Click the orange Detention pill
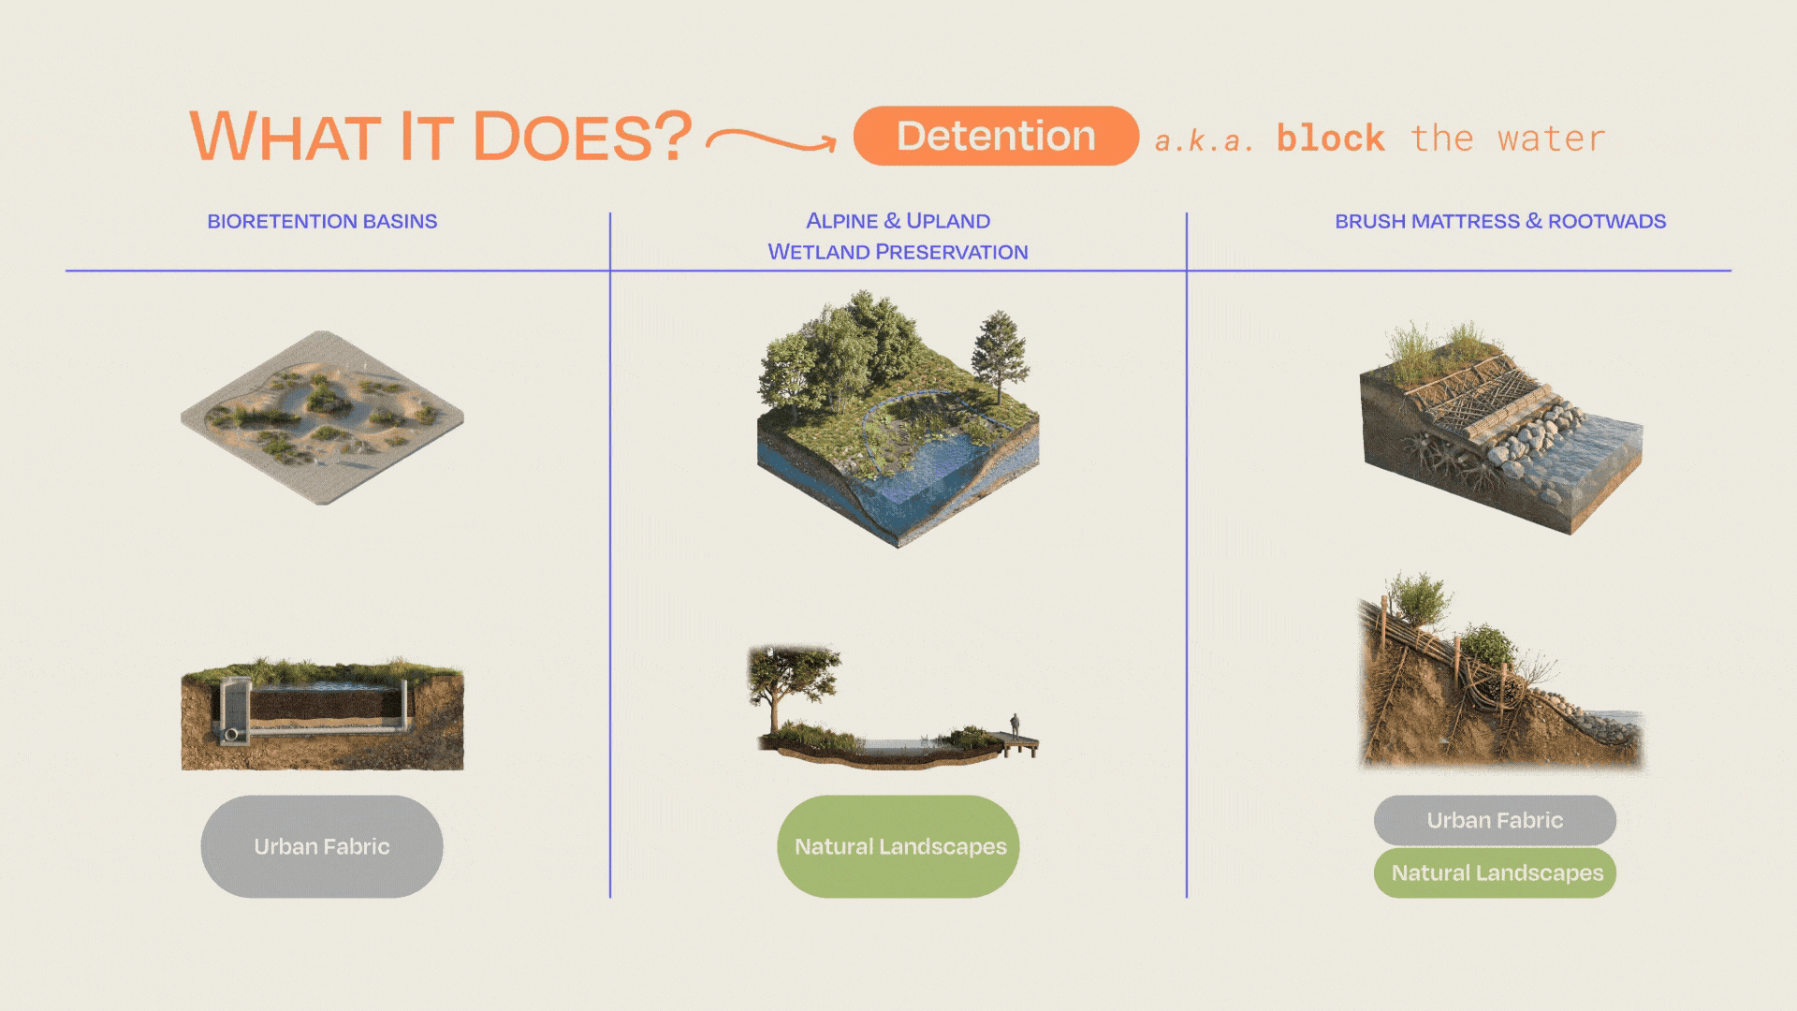[x=996, y=136]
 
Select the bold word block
[x=1330, y=139]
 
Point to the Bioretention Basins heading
[x=322, y=221]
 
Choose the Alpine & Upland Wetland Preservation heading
[x=898, y=236]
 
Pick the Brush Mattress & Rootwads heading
[x=1500, y=221]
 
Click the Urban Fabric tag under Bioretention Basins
[x=322, y=846]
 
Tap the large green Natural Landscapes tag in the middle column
[x=898, y=846]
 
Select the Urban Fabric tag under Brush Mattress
[x=1495, y=820]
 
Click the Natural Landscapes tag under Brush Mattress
[x=1495, y=872]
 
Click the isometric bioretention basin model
[x=322, y=418]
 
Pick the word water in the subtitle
[x=1551, y=139]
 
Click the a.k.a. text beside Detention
[x=1205, y=140]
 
